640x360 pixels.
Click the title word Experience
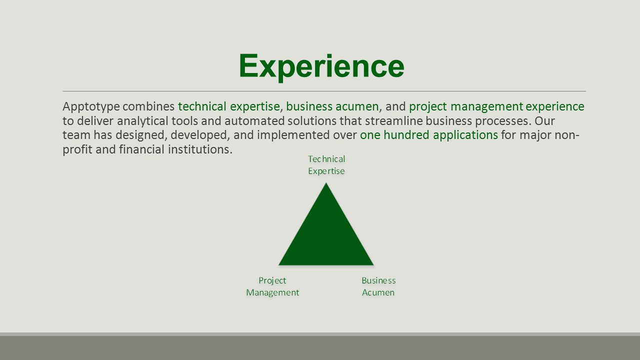pos(321,66)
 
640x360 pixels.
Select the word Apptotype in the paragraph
pos(91,107)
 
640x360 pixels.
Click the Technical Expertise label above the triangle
pos(326,165)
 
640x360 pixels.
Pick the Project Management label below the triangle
pos(272,286)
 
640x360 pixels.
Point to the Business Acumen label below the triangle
pos(378,286)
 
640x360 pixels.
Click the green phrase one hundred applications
pos(429,135)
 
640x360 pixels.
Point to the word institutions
pos(200,149)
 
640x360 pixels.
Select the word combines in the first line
pos(148,106)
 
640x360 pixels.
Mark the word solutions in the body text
pos(312,121)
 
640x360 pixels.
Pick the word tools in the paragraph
pos(184,121)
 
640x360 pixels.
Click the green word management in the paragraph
pos(487,107)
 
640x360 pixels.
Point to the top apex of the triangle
pos(326,183)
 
